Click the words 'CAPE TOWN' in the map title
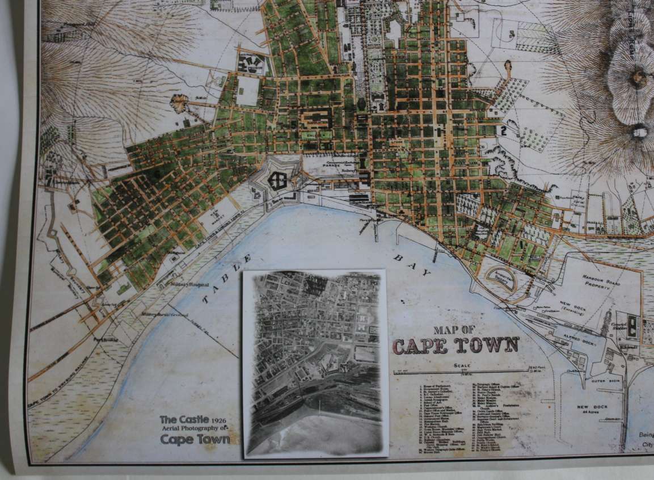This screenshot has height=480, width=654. pyautogui.click(x=456, y=345)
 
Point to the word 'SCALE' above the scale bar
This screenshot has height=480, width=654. pyautogui.click(x=462, y=365)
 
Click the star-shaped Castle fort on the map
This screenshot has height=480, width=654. pyautogui.click(x=278, y=180)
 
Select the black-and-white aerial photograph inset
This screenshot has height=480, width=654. pyautogui.click(x=314, y=363)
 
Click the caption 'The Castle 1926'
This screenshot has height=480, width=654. pyautogui.click(x=193, y=420)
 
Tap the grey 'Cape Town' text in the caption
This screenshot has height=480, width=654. pyautogui.click(x=195, y=439)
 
